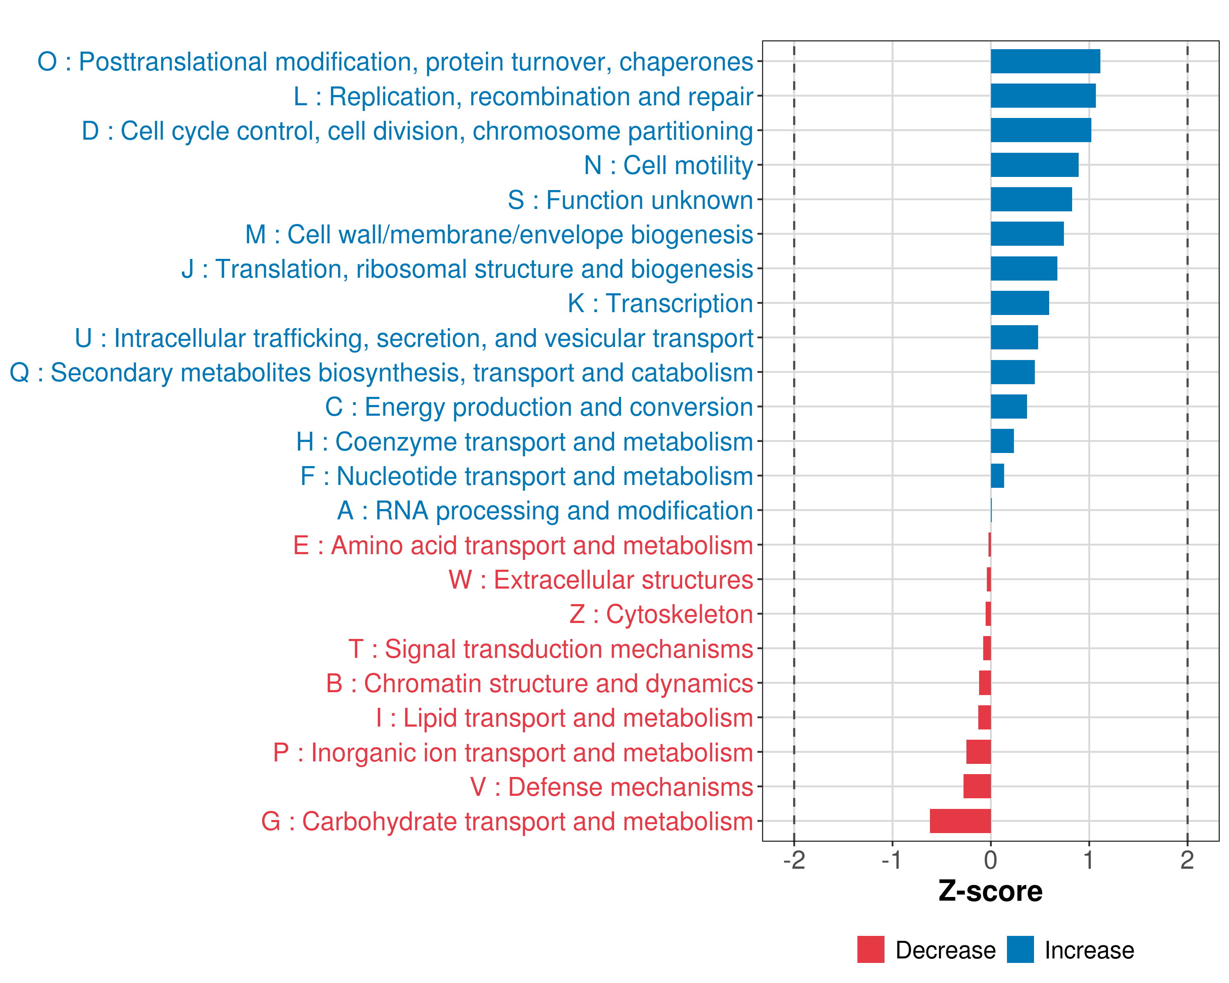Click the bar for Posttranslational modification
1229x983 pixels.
tap(1045, 61)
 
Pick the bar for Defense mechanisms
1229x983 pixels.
tap(977, 786)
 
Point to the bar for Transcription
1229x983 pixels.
tap(1019, 303)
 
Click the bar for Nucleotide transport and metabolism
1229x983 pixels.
tap(997, 476)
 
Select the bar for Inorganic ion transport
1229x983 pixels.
tap(978, 752)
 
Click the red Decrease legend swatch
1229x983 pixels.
tap(871, 949)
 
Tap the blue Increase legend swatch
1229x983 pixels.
tap(1020, 949)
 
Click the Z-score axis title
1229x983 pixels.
tap(990, 891)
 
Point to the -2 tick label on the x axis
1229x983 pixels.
tap(794, 860)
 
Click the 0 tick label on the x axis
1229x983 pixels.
tap(991, 860)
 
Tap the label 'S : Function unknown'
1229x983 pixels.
tap(630, 200)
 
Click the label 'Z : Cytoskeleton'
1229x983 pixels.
tap(661, 614)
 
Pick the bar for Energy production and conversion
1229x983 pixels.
tap(1009, 407)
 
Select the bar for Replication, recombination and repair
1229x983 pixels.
tap(1043, 96)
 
